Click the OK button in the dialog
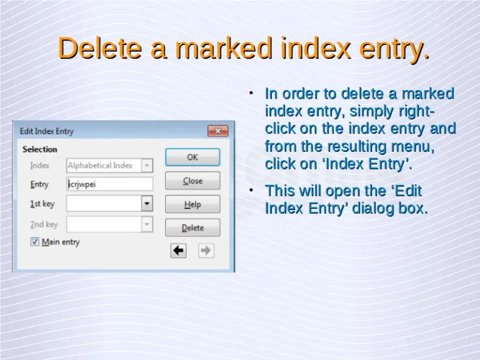pyautogui.click(x=192, y=157)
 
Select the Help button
pyautogui.click(x=192, y=204)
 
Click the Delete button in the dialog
pyautogui.click(x=192, y=227)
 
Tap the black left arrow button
pyautogui.click(x=179, y=251)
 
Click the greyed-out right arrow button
pyautogui.click(x=206, y=251)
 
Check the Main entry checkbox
pyautogui.click(x=35, y=242)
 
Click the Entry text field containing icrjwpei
pyautogui.click(x=110, y=184)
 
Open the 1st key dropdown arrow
pyautogui.click(x=147, y=204)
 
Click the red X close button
pyautogui.click(x=217, y=131)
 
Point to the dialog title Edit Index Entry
pyautogui.click(x=47, y=131)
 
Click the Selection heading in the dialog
pyautogui.click(x=39, y=149)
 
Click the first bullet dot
pyautogui.click(x=251, y=94)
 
